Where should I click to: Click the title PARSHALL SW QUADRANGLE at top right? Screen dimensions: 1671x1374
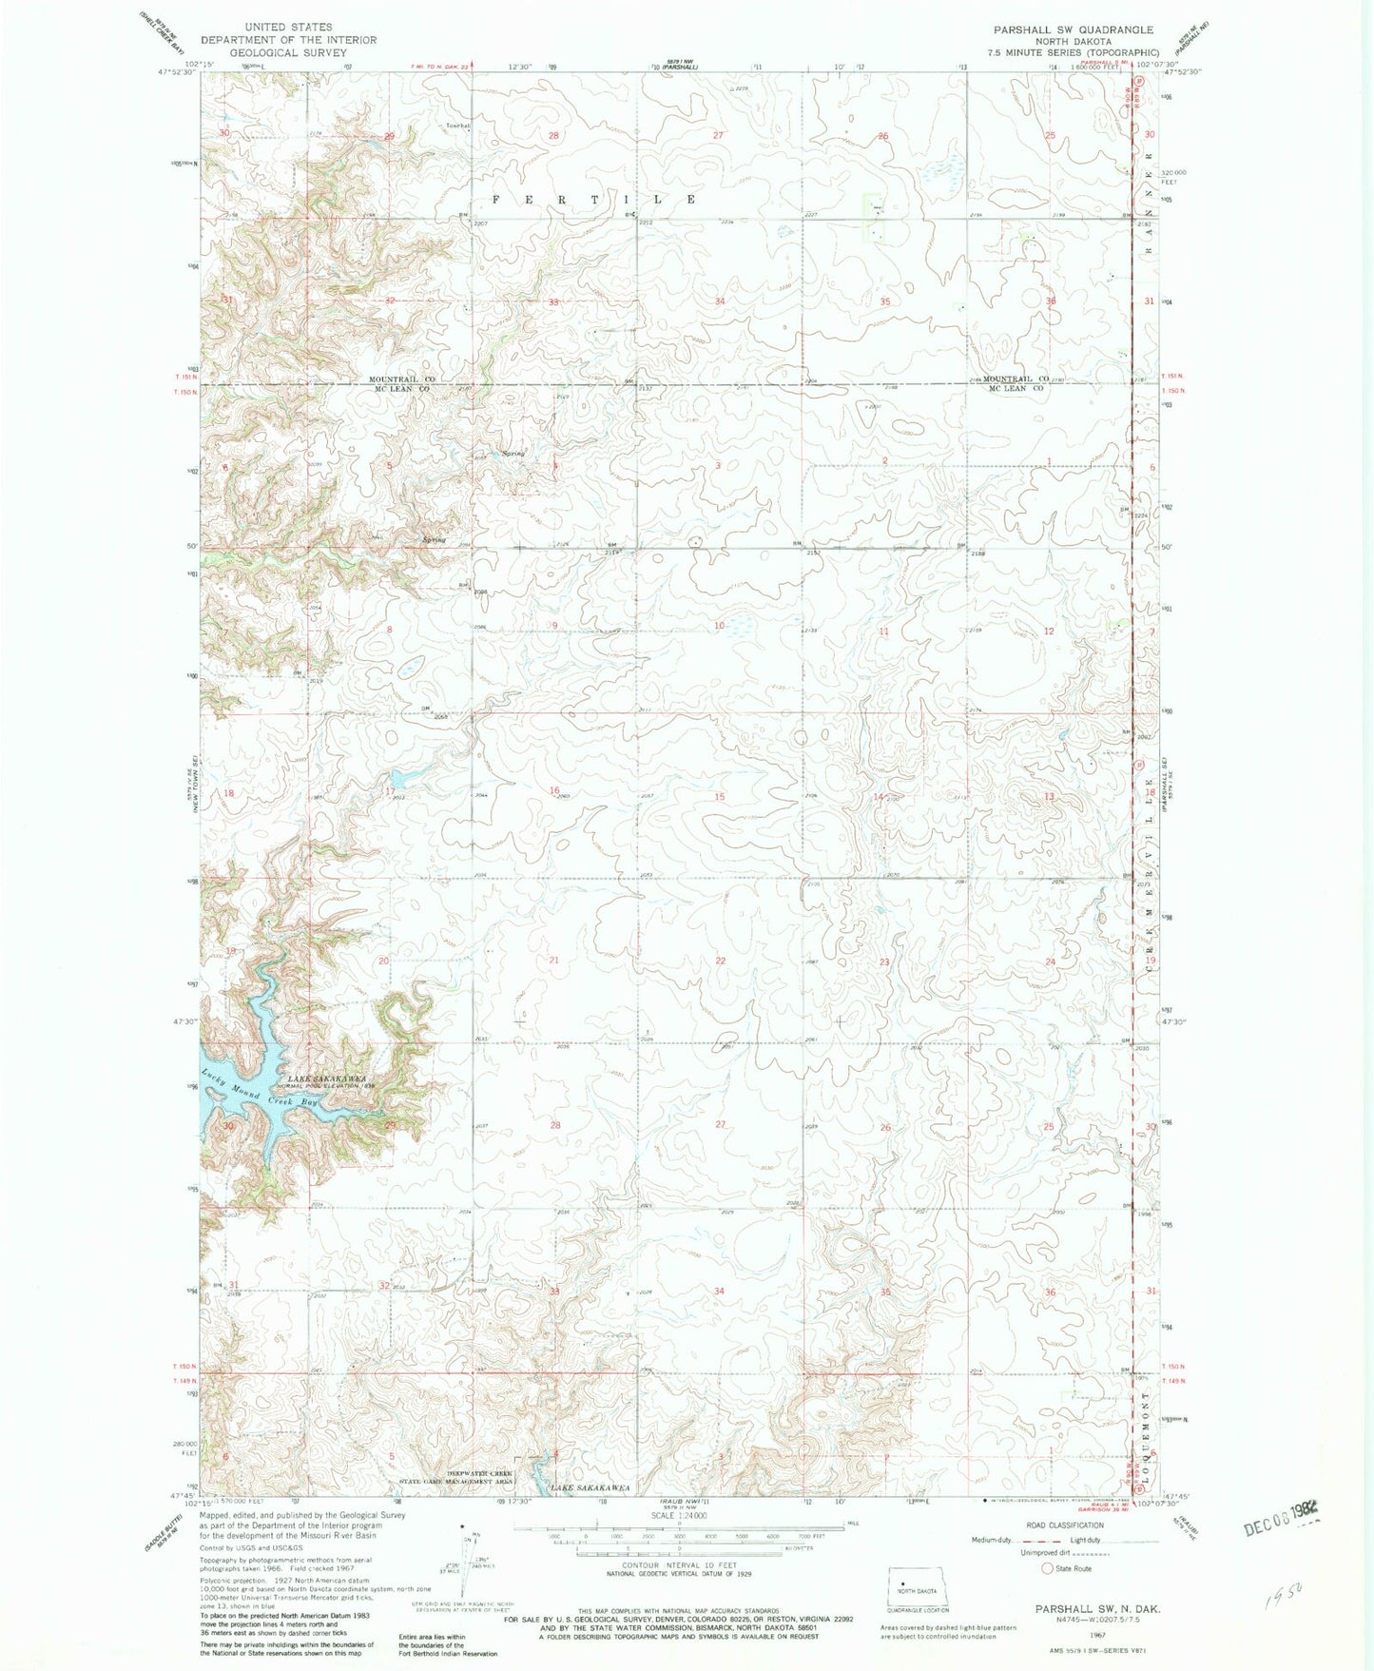pyautogui.click(x=1073, y=29)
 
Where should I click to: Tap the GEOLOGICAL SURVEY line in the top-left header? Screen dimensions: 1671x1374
pyautogui.click(x=287, y=52)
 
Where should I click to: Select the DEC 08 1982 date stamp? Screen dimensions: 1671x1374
pyautogui.click(x=1279, y=1530)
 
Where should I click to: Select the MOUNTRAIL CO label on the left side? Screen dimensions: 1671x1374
pyautogui.click(x=401, y=379)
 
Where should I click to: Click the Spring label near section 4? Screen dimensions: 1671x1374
pyautogui.click(x=513, y=454)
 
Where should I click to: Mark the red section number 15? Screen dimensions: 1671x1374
pyautogui.click(x=720, y=796)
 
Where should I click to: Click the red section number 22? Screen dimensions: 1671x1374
pyautogui.click(x=720, y=961)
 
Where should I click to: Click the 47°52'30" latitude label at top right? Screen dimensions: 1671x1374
pyautogui.click(x=1179, y=70)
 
